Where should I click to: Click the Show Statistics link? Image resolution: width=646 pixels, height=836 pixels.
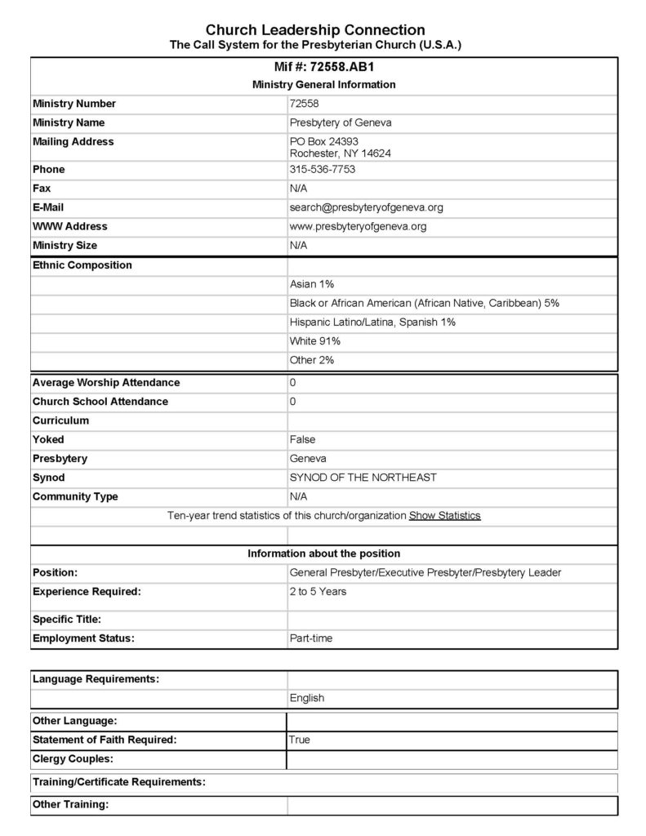444,516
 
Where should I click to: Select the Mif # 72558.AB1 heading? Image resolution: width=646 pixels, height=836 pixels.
324,68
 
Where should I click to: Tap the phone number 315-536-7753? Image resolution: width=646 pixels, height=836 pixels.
322,170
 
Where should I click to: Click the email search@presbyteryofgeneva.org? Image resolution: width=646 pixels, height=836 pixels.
366,207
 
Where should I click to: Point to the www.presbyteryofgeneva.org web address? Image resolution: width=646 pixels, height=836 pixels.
358,226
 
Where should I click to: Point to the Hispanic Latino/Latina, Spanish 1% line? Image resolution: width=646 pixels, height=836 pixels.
372,322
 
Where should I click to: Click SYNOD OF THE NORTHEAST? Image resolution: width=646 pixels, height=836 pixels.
363,478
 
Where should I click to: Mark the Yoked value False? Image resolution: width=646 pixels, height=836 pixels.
302,440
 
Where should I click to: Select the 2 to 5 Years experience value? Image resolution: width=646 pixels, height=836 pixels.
318,591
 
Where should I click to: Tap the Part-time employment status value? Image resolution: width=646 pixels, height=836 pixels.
311,638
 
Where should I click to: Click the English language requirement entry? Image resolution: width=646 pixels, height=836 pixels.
307,698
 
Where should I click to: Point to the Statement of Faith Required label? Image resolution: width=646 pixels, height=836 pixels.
105,740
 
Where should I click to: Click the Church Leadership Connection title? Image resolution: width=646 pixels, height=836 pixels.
315,30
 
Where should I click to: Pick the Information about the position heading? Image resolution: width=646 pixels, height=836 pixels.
324,554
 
